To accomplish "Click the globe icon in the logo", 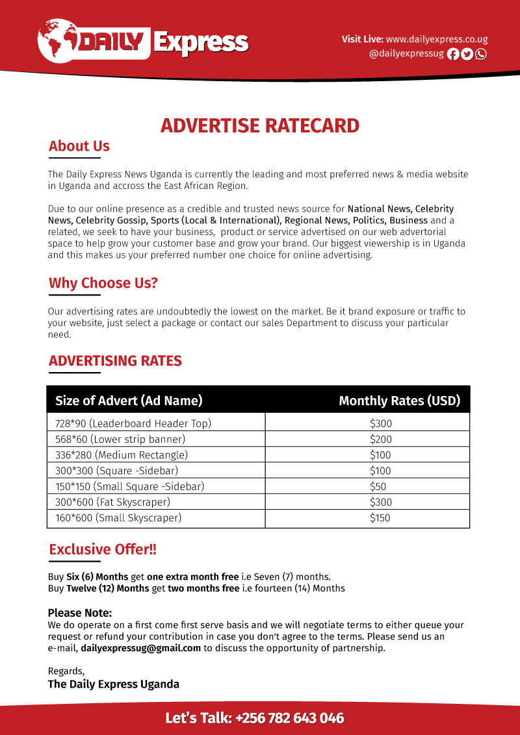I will (x=57, y=40).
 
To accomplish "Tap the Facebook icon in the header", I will (x=454, y=55).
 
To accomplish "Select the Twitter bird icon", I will (x=467, y=55).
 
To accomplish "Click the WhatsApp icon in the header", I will (x=481, y=55).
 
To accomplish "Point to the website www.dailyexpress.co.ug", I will (x=437, y=40).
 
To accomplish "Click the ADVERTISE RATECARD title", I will (x=260, y=125).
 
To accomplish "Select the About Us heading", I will (x=79, y=146).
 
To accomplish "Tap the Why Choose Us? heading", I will (x=103, y=283).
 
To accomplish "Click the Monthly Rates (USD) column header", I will (x=399, y=401).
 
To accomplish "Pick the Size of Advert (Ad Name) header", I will (x=129, y=401).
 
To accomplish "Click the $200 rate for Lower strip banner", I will (x=381, y=440).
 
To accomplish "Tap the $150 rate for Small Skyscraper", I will (x=381, y=518).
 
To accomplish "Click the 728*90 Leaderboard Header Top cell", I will (x=133, y=424).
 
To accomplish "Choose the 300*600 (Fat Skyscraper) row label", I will (x=112, y=502).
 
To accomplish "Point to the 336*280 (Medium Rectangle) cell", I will (x=122, y=455).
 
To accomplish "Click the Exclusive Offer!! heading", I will (x=103, y=549).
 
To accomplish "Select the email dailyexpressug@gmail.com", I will (x=141, y=648).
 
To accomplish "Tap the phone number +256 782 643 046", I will (x=290, y=718).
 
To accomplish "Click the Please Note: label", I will (x=80, y=613).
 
